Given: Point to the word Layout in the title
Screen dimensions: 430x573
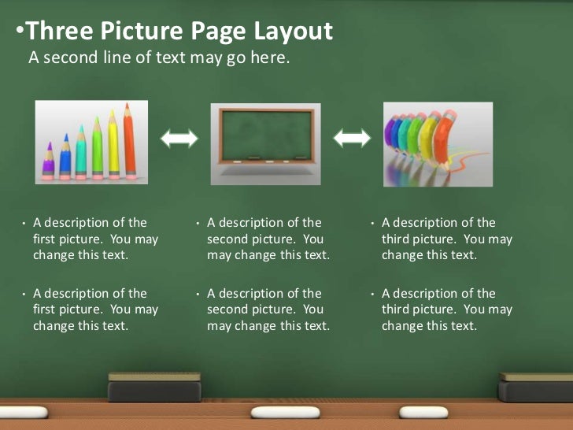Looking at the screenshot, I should click(x=294, y=32).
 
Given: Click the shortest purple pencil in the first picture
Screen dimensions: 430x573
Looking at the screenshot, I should click(x=49, y=161).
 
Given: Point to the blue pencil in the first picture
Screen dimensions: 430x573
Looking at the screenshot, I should click(x=65, y=158).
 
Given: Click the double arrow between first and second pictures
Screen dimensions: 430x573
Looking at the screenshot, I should click(x=179, y=139).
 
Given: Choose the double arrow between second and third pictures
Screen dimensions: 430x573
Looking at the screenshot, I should click(x=352, y=139).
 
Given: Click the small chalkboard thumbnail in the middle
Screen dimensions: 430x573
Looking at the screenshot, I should click(x=265, y=143).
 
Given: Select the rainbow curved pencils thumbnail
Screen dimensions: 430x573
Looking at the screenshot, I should click(x=438, y=144).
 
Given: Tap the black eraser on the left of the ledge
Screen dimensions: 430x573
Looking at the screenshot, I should click(x=154, y=387).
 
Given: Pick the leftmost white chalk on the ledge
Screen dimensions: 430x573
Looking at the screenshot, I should click(x=24, y=412).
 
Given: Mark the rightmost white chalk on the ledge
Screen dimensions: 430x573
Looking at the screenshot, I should click(x=423, y=412).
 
